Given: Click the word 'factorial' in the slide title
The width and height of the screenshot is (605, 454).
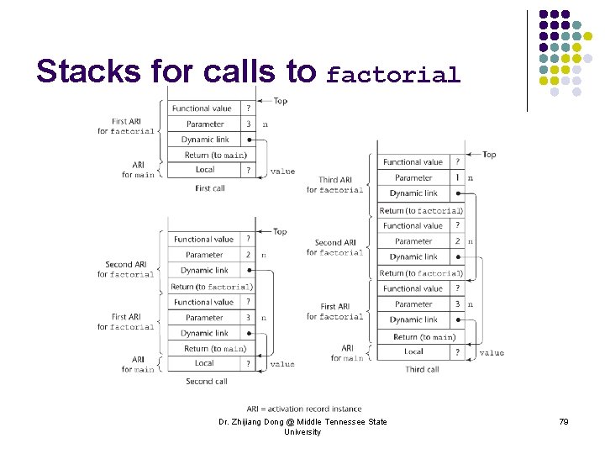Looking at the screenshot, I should tap(393, 75).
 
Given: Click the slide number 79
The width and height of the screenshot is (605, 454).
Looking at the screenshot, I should tap(563, 421).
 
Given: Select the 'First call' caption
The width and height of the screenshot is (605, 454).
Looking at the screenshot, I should tap(209, 188).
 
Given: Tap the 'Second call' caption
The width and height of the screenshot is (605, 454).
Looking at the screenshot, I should tap(207, 381).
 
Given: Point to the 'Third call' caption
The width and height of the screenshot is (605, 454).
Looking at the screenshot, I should tap(422, 369).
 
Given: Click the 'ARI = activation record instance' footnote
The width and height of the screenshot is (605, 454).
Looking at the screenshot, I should tap(304, 409).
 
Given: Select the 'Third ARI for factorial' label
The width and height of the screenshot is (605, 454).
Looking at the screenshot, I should tap(334, 185).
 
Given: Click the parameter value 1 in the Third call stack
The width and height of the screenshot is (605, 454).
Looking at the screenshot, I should tap(457, 178).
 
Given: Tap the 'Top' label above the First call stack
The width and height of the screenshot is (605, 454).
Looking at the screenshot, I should tap(280, 101).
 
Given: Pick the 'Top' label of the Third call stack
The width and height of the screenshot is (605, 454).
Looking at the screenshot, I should tap(488, 155).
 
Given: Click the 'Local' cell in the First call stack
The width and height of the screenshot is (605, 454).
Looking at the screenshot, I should tap(205, 170).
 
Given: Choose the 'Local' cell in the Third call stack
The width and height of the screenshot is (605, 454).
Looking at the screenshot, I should tap(413, 351).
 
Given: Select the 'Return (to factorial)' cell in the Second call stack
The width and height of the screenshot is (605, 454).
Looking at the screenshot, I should tap(212, 287).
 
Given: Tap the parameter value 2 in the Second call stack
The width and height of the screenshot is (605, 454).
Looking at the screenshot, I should tap(248, 255).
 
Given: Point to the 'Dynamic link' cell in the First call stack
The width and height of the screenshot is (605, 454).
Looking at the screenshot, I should tap(205, 140).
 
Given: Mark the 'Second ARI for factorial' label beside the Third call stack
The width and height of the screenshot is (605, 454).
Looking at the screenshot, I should tap(334, 247).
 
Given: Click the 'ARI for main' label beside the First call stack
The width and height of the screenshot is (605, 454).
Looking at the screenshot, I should tap(138, 170).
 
